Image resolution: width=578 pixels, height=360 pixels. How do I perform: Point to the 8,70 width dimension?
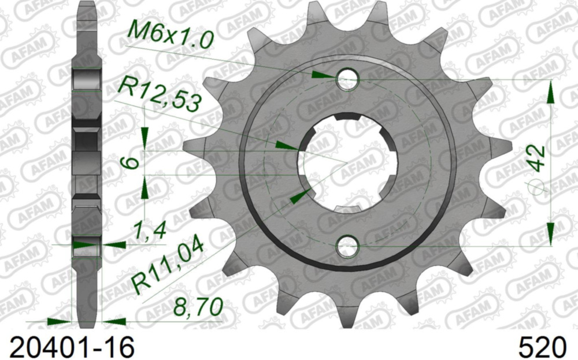(199, 307)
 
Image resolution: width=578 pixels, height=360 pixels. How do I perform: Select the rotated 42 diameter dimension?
(538, 158)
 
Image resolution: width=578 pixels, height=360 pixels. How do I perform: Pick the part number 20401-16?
(68, 347)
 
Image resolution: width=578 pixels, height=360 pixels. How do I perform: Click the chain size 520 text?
(542, 347)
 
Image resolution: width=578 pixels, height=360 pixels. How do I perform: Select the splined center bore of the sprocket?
(347, 162)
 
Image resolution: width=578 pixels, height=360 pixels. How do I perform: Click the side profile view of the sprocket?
(87, 162)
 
